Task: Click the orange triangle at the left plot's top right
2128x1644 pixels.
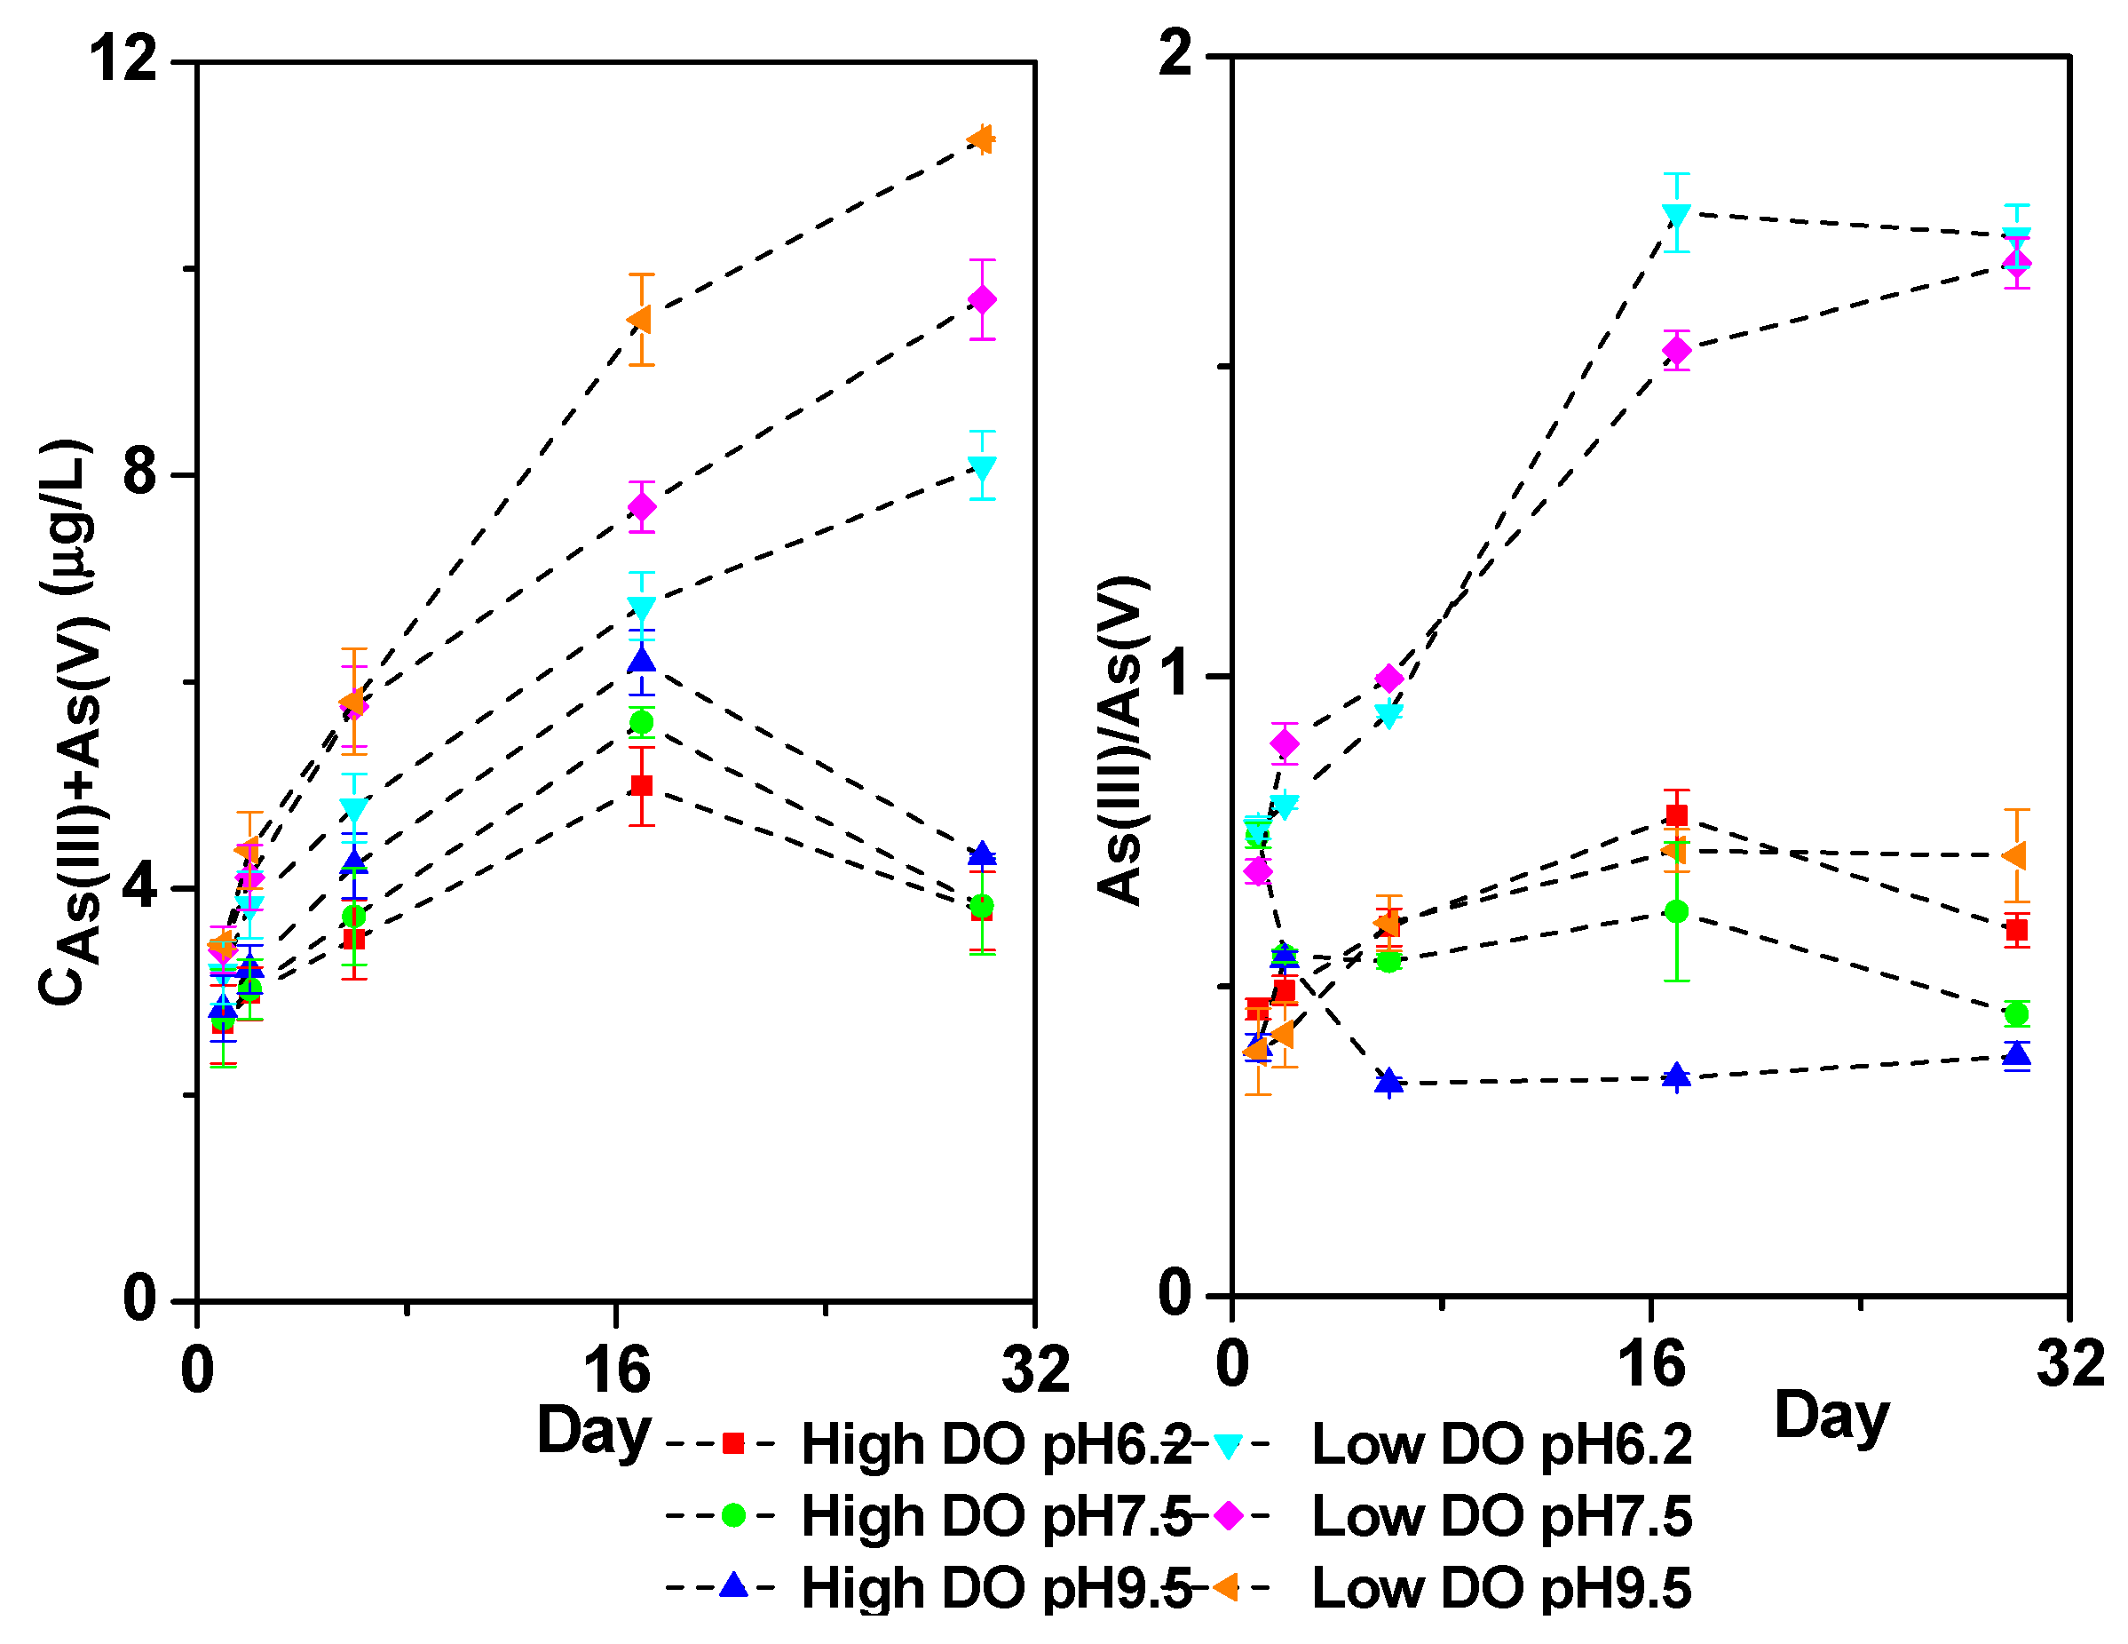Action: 980,140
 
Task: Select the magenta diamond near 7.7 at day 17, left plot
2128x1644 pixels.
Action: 641,507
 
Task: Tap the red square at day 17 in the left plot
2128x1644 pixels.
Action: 641,785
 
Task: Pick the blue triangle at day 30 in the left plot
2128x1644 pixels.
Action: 982,854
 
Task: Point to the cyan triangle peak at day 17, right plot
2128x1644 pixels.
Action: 1677,213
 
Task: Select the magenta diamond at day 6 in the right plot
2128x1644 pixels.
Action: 1389,679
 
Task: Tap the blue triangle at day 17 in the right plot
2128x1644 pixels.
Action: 1677,1076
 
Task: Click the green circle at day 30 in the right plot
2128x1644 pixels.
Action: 2017,1013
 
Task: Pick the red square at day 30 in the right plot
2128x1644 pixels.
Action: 2017,930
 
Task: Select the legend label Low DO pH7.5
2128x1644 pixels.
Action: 1501,1516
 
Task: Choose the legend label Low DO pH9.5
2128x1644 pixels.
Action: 1501,1588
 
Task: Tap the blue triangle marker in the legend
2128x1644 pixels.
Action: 732,1586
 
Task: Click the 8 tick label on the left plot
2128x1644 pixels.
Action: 140,473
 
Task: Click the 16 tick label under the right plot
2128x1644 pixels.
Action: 1651,1364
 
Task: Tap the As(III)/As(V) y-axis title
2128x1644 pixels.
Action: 1120,741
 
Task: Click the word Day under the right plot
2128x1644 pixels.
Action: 1831,1416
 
